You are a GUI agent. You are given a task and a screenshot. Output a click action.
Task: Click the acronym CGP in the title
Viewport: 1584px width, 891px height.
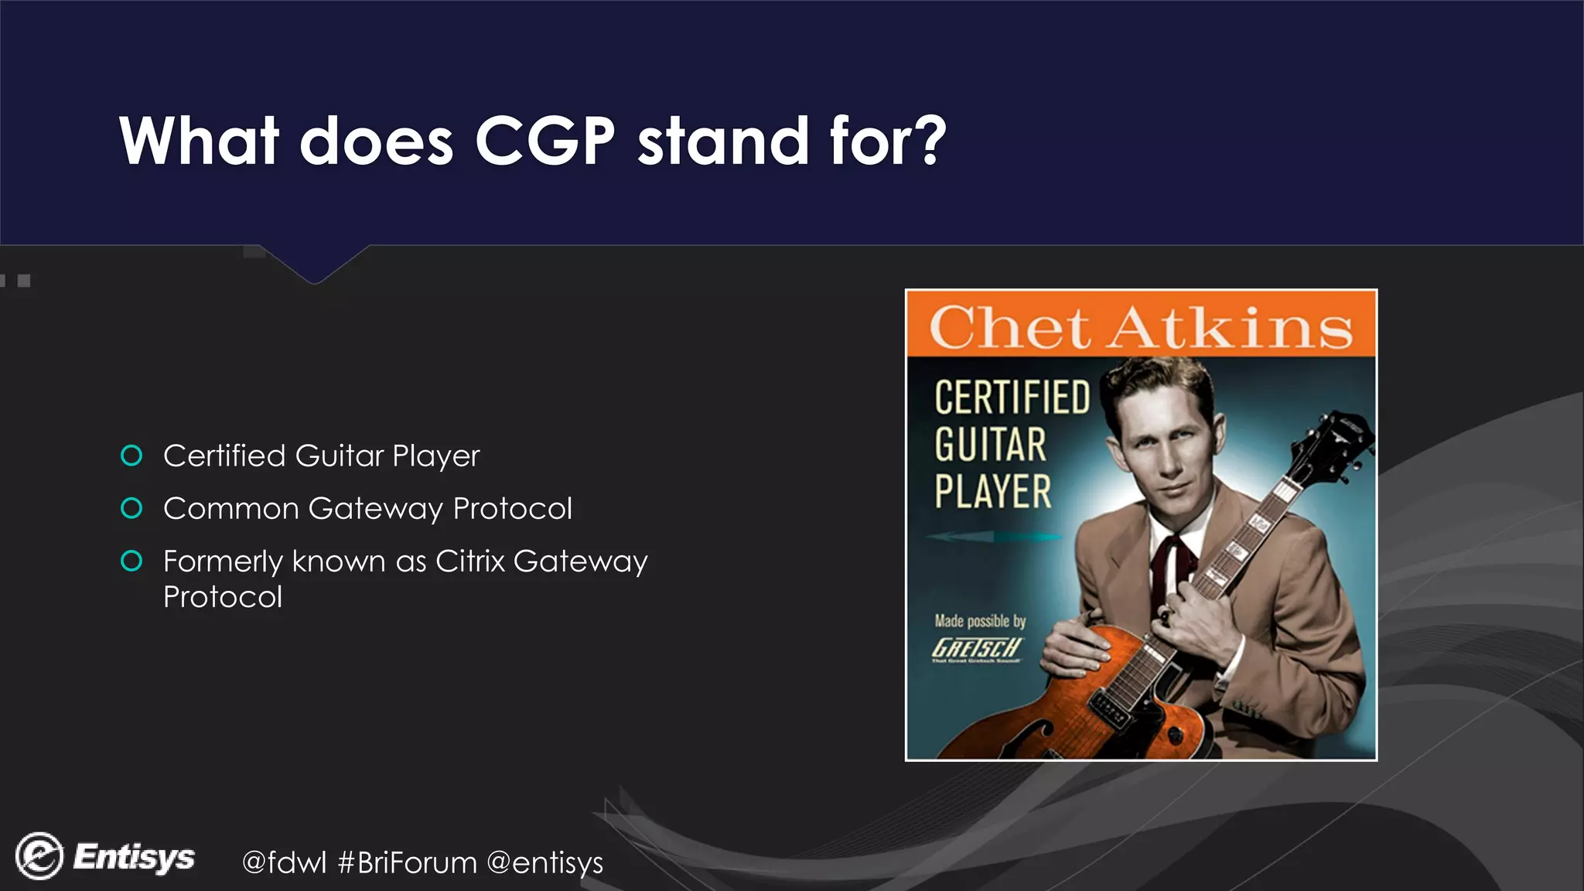(544, 141)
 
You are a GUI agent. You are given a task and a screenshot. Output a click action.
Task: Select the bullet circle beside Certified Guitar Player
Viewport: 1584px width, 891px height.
(131, 456)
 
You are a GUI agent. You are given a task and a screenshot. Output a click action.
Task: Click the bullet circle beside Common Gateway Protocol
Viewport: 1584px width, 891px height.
(131, 508)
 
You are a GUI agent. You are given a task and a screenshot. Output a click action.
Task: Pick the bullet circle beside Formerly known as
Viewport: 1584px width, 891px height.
(131, 561)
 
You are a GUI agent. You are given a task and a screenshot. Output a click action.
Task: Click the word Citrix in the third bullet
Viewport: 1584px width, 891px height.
(469, 562)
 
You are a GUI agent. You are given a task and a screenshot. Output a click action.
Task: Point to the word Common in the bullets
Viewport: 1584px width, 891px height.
(231, 509)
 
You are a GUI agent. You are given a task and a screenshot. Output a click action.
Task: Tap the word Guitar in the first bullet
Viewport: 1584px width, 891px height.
(340, 456)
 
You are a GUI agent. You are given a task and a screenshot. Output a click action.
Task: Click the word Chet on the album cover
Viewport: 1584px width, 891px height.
(1009, 327)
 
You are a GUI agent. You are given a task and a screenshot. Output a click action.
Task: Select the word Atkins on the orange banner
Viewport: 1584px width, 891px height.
(1231, 327)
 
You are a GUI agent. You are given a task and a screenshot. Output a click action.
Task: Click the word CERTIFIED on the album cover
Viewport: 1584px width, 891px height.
(1012, 398)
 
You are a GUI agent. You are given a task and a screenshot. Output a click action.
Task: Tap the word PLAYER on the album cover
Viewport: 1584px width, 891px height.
(993, 492)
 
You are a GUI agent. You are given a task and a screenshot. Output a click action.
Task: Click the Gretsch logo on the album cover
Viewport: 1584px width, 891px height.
(977, 648)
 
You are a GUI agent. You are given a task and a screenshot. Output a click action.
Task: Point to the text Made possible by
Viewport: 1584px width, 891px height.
(980, 621)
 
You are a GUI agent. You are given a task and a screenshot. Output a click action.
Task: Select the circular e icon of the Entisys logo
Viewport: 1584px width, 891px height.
(39, 856)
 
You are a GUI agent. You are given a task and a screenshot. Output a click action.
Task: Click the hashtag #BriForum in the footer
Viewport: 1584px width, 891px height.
(408, 862)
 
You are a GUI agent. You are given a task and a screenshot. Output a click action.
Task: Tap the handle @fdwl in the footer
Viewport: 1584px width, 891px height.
(284, 862)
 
